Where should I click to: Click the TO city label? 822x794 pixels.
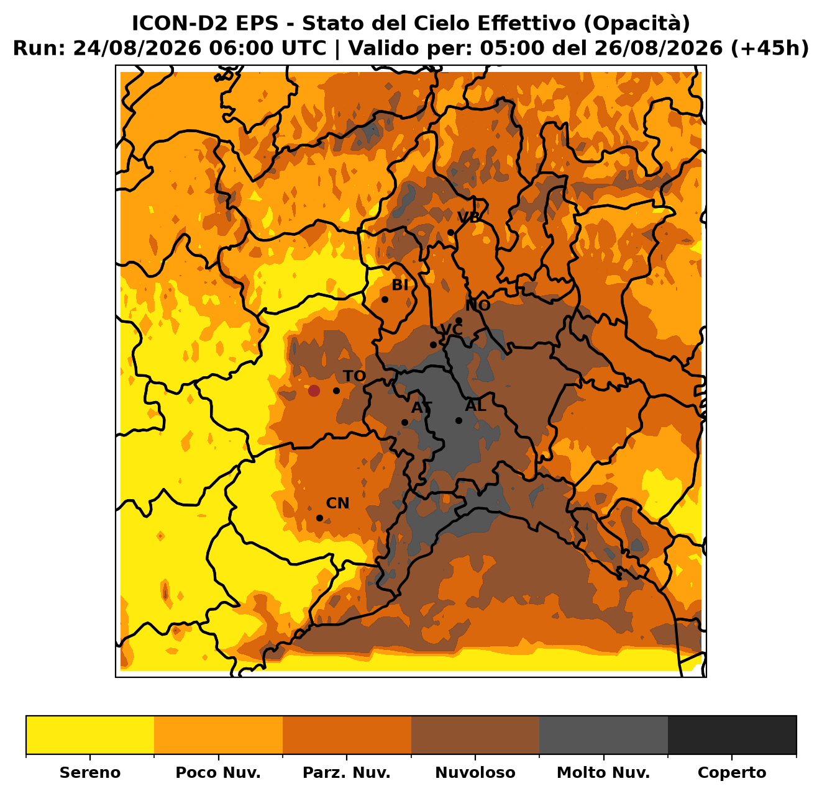coord(354,376)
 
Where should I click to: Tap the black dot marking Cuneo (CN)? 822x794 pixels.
coord(320,518)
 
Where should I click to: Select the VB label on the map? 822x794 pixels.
coord(468,217)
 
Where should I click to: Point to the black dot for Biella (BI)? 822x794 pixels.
coord(385,300)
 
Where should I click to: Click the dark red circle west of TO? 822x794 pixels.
coord(314,390)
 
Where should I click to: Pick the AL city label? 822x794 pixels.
coord(476,405)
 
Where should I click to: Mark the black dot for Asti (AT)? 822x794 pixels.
coord(404,422)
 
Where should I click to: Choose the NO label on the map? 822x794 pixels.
coord(478,305)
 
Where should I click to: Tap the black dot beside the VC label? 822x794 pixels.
coord(433,345)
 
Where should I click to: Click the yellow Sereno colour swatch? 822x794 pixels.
coord(90,735)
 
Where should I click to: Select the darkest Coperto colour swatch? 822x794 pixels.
coord(732,735)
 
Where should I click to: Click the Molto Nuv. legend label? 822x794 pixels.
coord(603,773)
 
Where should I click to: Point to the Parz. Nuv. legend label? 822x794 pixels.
coord(346,773)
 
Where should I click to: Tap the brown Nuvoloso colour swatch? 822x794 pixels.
coord(475,735)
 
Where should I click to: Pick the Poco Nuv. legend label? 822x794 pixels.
coord(218,773)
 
